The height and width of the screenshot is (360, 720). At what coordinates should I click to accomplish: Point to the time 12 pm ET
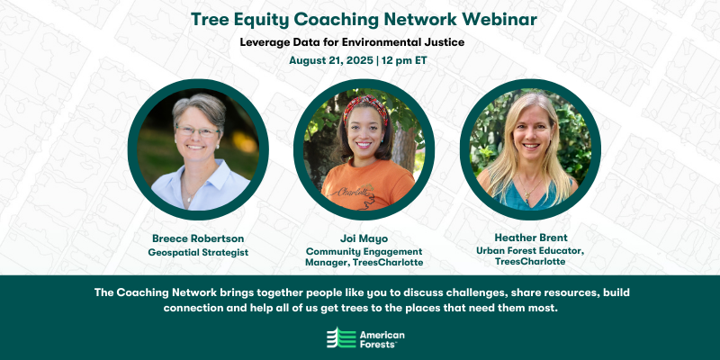pyautogui.click(x=403, y=61)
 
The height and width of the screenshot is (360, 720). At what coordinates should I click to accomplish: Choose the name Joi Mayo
pyautogui.click(x=359, y=239)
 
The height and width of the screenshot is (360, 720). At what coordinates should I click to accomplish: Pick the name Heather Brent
pyautogui.click(x=526, y=239)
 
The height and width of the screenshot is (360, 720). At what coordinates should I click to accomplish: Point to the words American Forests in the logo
pyautogui.click(x=382, y=337)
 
